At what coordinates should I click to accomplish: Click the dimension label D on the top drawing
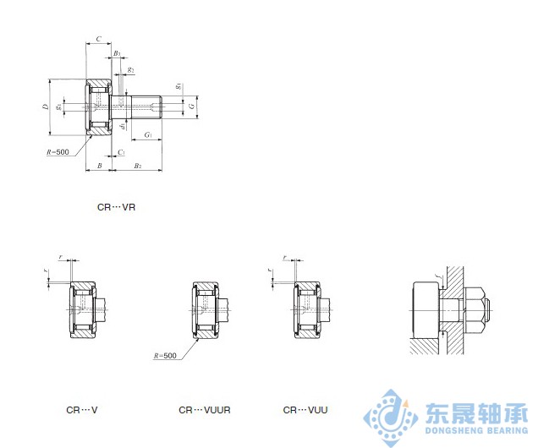pyautogui.click(x=46, y=107)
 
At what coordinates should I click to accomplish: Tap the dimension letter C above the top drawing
pyautogui.click(x=98, y=40)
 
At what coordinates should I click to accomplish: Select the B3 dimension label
pyautogui.click(x=117, y=54)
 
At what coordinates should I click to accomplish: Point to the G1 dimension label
pyautogui.click(x=147, y=135)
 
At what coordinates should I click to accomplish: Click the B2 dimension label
pyautogui.click(x=137, y=167)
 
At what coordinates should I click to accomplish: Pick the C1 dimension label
pyautogui.click(x=121, y=152)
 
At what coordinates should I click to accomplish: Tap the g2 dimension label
pyautogui.click(x=130, y=69)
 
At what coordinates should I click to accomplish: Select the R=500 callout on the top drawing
pyautogui.click(x=58, y=152)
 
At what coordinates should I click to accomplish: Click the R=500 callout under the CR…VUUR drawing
pyautogui.click(x=166, y=356)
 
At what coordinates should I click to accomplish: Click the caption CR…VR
pyautogui.click(x=116, y=205)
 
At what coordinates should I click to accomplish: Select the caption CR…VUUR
pyautogui.click(x=200, y=410)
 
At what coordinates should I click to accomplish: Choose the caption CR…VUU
pyautogui.click(x=305, y=410)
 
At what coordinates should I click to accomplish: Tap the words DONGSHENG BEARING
pyautogui.click(x=470, y=431)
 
